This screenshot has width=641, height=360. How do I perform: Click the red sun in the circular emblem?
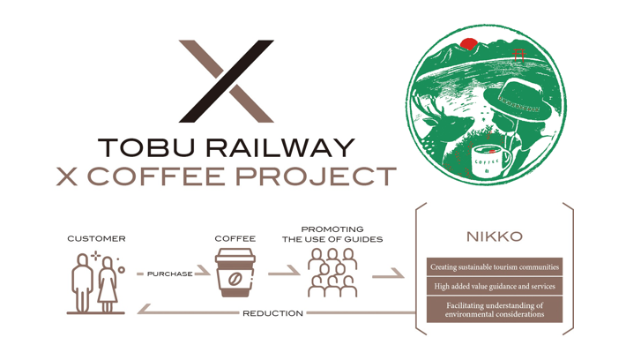tap(468, 43)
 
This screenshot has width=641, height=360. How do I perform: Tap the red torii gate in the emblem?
tap(518, 55)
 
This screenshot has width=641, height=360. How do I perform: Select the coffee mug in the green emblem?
tap(490, 161)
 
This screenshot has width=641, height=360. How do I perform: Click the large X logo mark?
tap(226, 80)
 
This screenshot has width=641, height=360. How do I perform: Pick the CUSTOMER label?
tap(96, 238)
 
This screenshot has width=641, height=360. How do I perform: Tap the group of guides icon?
tap(332, 273)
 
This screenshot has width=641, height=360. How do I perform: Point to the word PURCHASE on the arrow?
tap(169, 274)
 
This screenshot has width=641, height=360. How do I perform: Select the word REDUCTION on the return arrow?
tap(272, 313)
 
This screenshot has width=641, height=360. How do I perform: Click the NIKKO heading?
tap(494, 236)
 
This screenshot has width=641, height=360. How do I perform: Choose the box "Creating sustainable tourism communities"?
tap(494, 266)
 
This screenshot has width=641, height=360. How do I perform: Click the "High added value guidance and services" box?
tap(494, 286)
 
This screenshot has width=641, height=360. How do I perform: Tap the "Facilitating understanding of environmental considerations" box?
tap(494, 310)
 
